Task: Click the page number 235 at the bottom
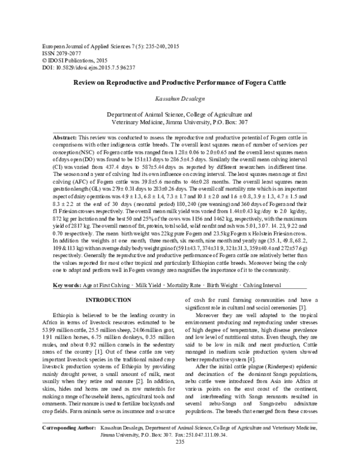tap(179, 459)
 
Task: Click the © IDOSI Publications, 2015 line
tap(70, 60)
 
